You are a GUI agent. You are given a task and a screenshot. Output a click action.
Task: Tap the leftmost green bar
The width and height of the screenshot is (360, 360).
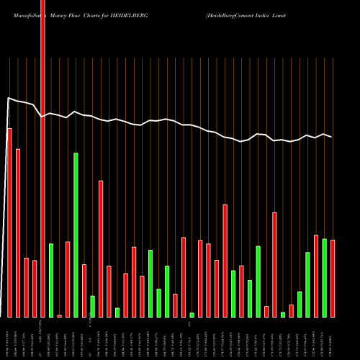(x=51, y=280)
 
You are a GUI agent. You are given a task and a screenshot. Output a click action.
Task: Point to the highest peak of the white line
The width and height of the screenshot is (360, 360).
(x=9, y=98)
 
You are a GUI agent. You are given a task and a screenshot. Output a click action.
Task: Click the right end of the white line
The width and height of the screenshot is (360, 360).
(x=332, y=137)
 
